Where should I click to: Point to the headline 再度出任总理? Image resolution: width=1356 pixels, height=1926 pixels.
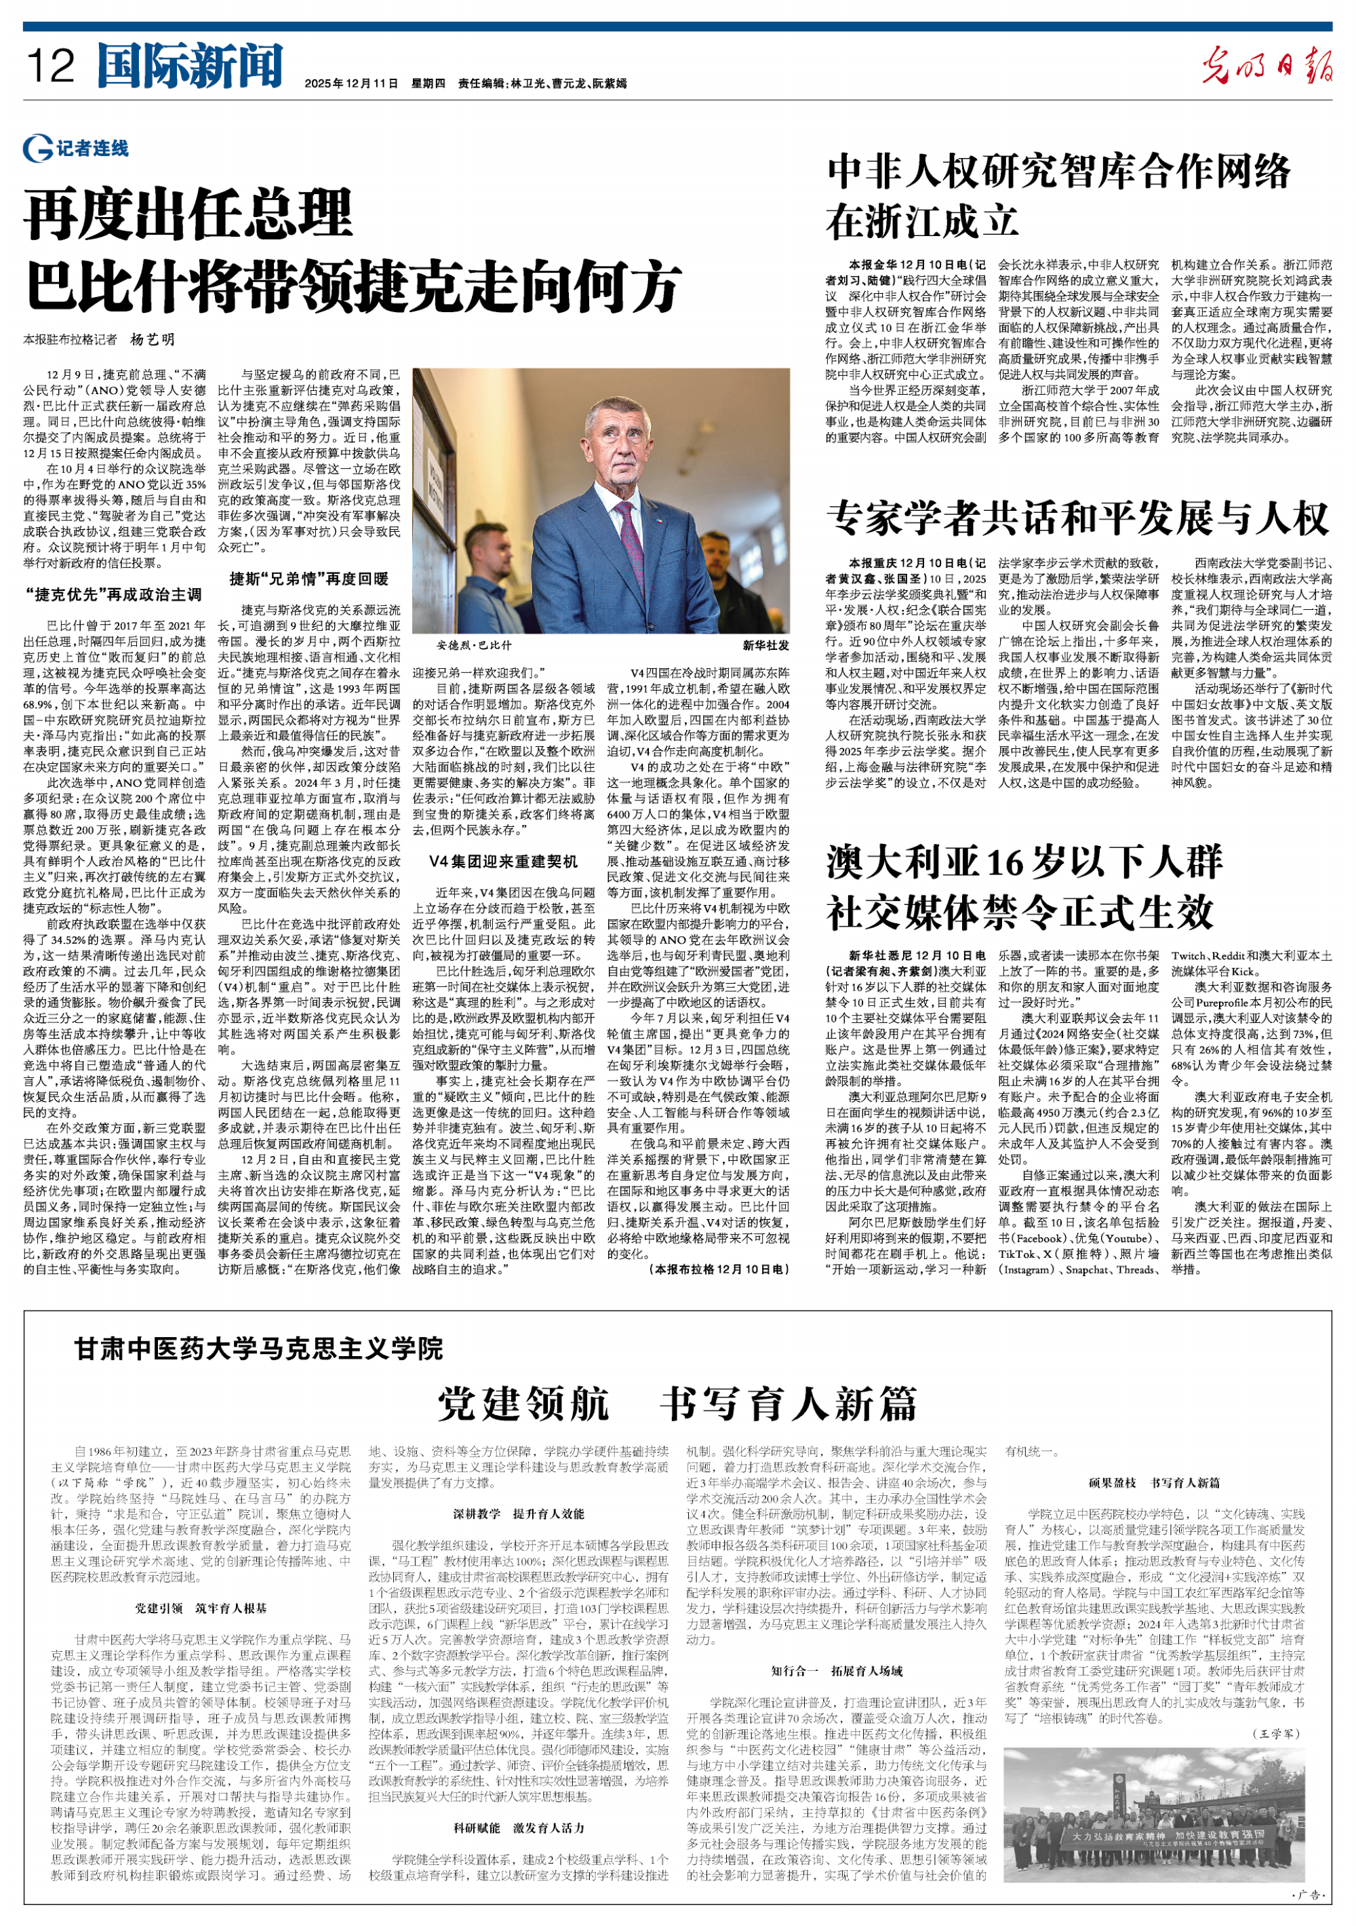(188, 216)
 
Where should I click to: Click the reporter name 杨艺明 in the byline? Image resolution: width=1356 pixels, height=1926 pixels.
(153, 340)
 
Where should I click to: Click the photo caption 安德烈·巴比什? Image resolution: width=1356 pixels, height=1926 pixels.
(473, 645)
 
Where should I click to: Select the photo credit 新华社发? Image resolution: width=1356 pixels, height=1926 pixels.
(765, 645)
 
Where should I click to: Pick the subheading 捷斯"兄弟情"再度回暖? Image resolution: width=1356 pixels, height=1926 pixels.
(309, 579)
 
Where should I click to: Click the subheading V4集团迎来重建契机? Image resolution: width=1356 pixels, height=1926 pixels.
(503, 862)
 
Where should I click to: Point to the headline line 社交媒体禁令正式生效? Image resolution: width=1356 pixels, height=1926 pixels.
(1020, 912)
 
